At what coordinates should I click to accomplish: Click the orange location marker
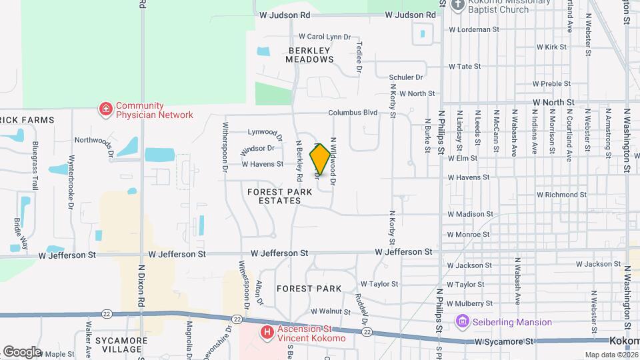click(320, 159)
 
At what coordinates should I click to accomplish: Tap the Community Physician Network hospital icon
click(105, 109)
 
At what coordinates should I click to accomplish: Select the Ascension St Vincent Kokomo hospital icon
click(267, 331)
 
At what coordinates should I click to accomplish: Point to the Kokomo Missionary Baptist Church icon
click(457, 5)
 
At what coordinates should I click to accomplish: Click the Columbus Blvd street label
click(353, 113)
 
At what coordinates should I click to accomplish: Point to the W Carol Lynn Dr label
click(325, 37)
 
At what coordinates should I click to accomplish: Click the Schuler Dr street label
click(407, 77)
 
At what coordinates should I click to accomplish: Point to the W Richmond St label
click(561, 195)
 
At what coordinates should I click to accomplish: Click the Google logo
click(22, 351)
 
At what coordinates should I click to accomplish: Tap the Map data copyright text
click(611, 355)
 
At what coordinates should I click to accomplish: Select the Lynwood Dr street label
click(266, 132)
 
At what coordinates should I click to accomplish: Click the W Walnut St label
click(331, 311)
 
